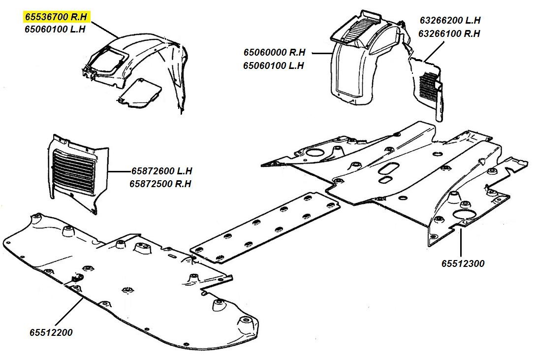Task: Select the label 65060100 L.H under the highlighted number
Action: (55, 30)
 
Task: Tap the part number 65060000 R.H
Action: (274, 52)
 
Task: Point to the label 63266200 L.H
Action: (450, 21)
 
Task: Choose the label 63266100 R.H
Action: (449, 34)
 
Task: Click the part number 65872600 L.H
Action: (161, 171)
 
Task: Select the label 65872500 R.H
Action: (160, 184)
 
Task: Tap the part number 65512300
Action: (463, 263)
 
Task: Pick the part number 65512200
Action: (50, 332)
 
